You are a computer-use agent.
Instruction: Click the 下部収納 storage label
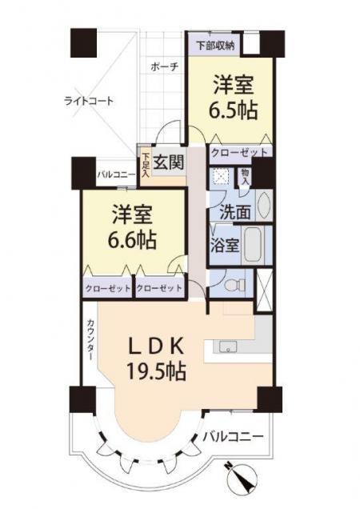[215, 46]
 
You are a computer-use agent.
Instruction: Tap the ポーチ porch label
[165, 67]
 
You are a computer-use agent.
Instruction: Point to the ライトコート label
[89, 101]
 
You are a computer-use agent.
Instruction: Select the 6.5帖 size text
[233, 111]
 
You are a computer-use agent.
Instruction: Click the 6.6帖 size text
[132, 240]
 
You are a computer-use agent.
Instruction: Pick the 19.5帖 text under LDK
[157, 371]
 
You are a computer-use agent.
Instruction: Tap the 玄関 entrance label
[169, 162]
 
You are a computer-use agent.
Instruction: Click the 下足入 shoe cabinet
[146, 165]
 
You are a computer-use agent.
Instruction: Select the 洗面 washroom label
[235, 212]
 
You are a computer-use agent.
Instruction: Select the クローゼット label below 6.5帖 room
[239, 152]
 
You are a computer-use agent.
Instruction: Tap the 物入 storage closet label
[245, 177]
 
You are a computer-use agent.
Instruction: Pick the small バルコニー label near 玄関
[117, 175]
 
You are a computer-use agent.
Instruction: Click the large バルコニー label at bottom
[233, 436]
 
